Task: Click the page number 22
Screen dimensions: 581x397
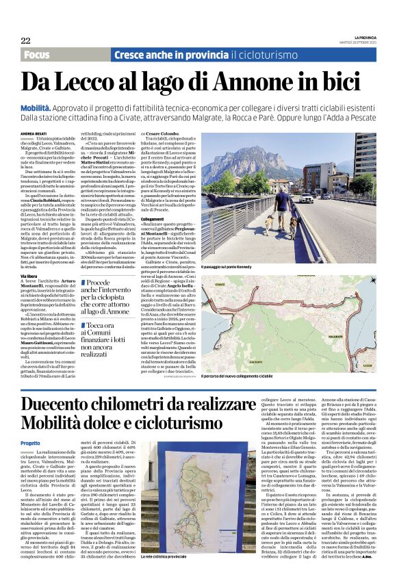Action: pyautogui.click(x=25, y=40)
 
